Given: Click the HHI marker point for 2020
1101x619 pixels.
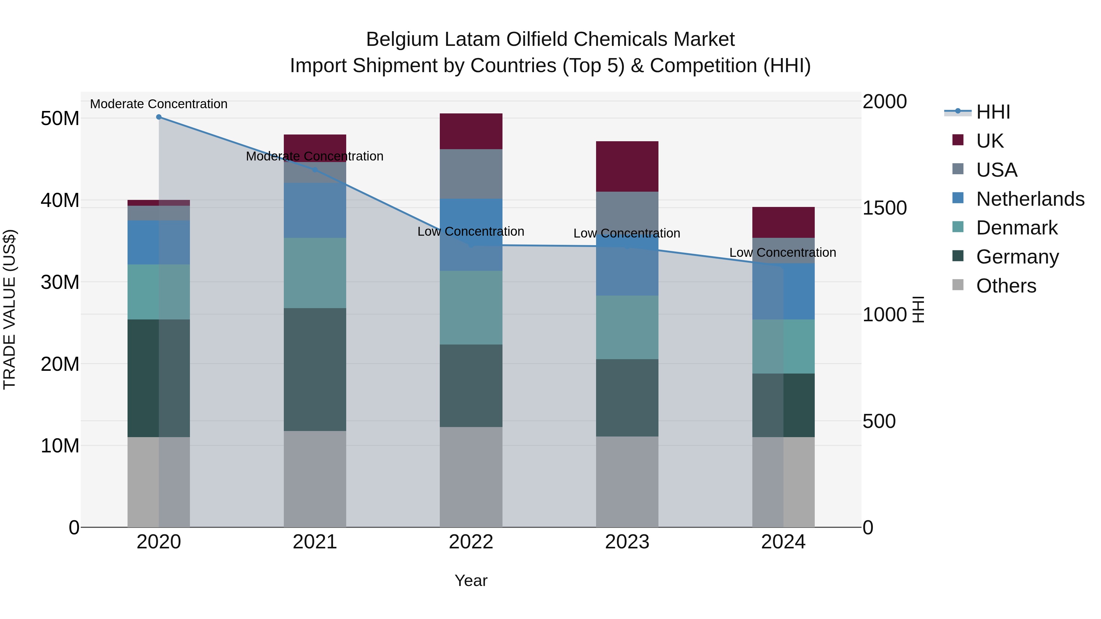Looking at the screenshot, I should coord(158,117).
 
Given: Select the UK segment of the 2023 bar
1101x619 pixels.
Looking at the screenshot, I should coord(627,166).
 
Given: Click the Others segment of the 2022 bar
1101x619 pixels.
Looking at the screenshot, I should coord(471,477).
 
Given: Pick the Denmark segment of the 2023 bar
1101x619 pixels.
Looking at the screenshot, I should coord(627,327).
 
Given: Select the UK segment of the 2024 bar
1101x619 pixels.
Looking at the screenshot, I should coord(783,222).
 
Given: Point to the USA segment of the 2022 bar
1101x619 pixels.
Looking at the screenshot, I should coord(471,174).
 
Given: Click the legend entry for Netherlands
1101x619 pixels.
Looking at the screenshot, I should coord(1030,199).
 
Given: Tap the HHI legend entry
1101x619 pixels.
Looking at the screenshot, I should coord(993,112).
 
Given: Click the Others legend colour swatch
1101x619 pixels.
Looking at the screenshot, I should coord(958,285).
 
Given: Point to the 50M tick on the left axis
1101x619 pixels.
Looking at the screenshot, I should coord(60,118).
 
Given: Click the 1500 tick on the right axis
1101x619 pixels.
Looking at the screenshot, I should coord(884,208).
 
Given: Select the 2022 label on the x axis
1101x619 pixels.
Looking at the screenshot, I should coord(471,542).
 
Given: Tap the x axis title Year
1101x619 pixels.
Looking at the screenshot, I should coord(471,580).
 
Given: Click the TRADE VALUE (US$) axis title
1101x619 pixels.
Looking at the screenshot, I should coord(9,309).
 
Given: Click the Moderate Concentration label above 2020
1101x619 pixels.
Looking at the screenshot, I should coord(158,104).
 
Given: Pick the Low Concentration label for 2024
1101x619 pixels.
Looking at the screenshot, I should coord(783,252).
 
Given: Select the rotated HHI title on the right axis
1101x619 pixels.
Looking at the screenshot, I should coord(918,309).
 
